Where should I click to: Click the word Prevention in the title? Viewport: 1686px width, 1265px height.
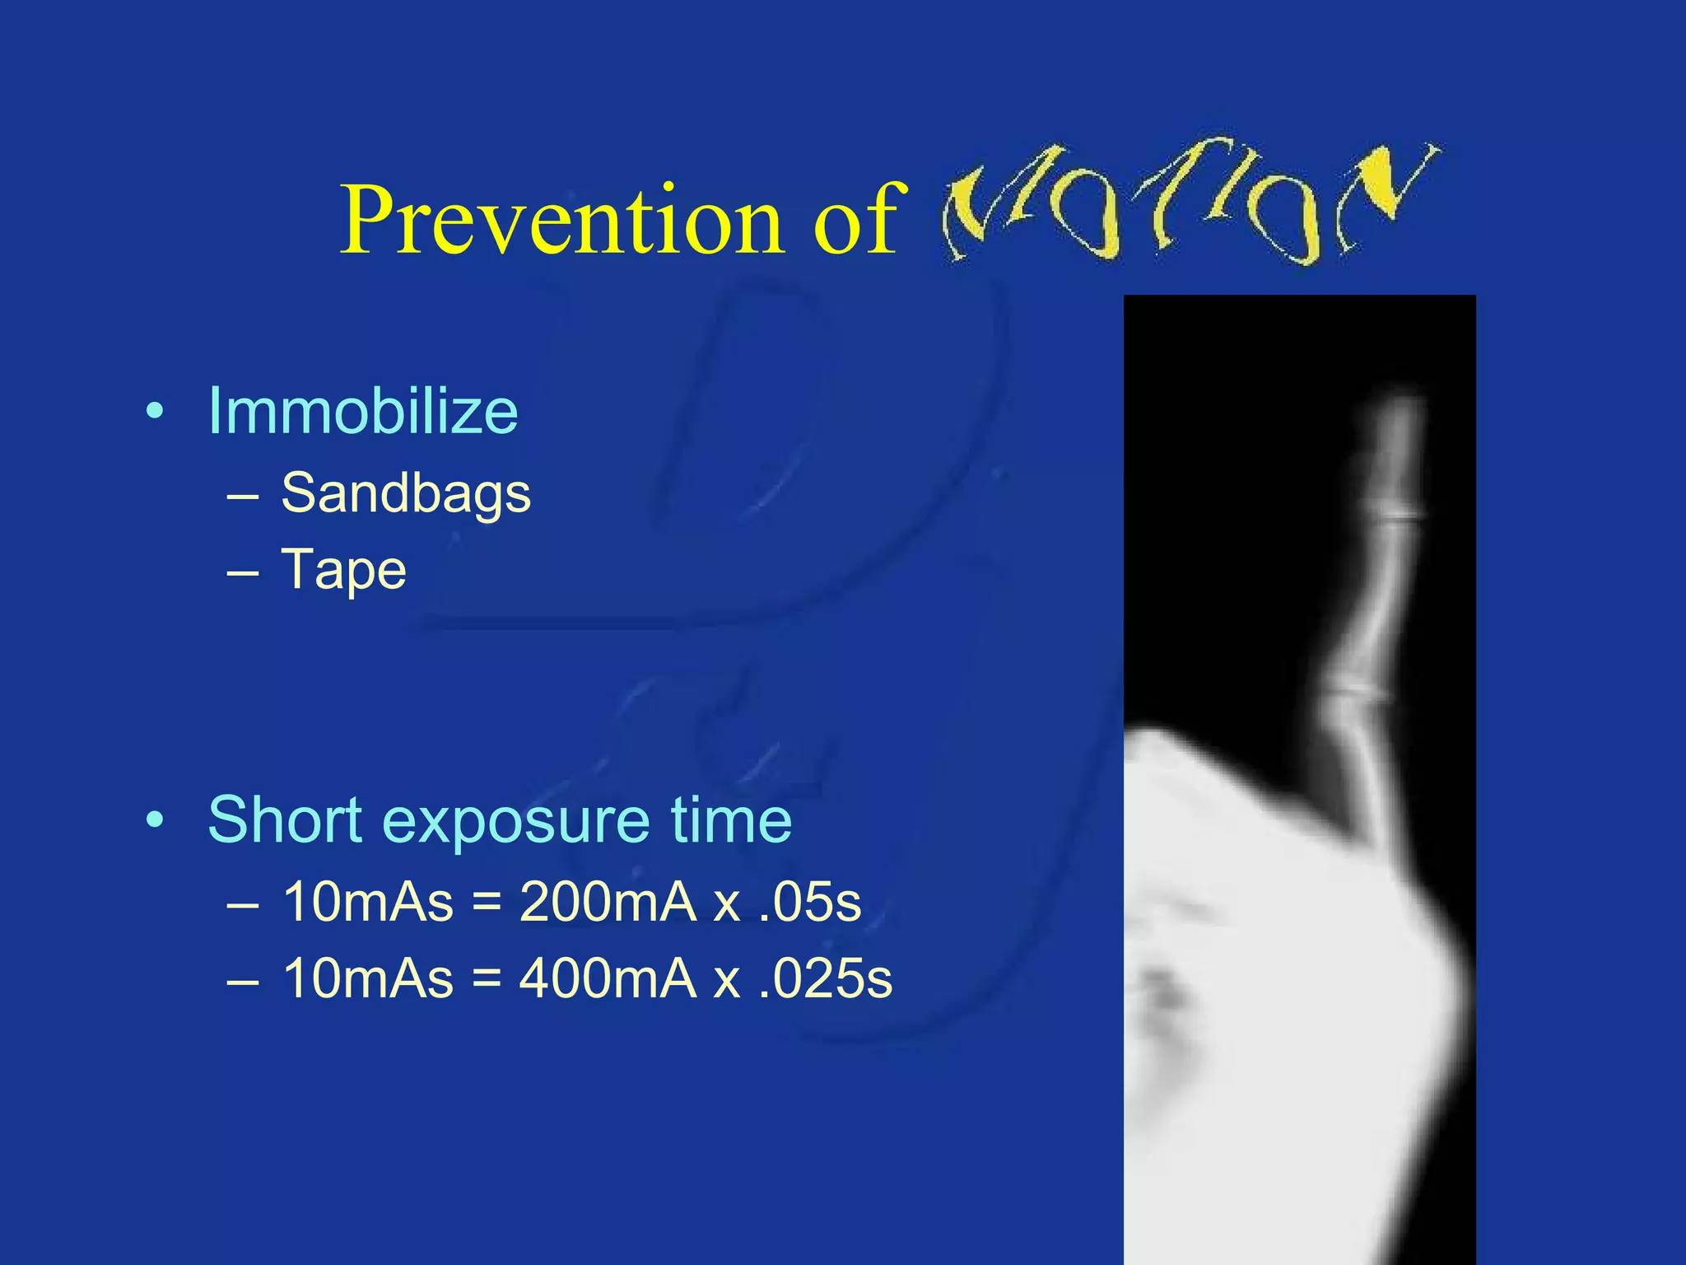(560, 221)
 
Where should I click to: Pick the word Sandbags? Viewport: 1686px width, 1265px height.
(406, 493)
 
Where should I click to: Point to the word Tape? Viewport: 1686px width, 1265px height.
(343, 569)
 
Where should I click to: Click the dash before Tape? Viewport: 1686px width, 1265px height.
(243, 571)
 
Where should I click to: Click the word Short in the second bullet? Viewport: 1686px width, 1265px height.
(285, 819)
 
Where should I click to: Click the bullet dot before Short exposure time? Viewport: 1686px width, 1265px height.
(154, 820)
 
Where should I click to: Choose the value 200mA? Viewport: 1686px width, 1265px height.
(608, 902)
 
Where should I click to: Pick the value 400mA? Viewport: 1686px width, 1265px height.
(608, 978)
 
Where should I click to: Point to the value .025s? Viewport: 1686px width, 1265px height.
(825, 978)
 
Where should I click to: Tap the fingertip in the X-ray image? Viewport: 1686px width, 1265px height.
(1398, 412)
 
